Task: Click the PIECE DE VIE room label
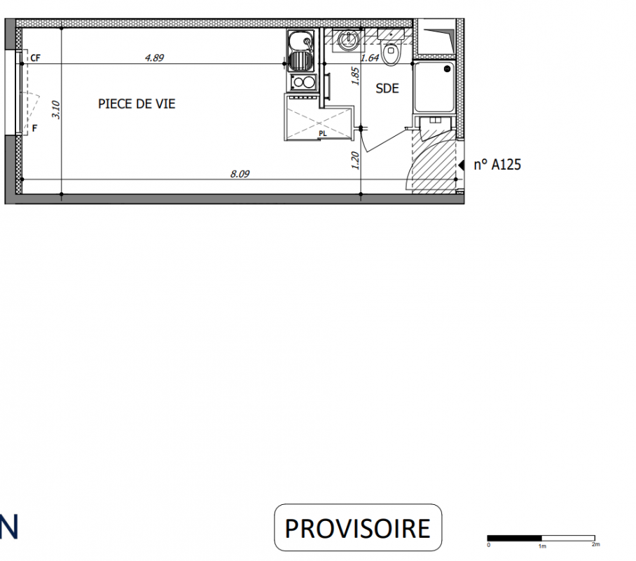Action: click(x=137, y=104)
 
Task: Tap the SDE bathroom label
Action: click(x=387, y=88)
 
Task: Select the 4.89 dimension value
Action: click(x=155, y=58)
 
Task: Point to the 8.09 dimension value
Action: click(x=240, y=174)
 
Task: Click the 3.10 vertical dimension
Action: click(x=56, y=109)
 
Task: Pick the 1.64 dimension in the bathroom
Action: click(x=370, y=58)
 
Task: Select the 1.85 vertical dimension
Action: click(x=355, y=76)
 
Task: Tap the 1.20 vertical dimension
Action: click(x=355, y=161)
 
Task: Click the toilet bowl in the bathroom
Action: click(x=391, y=52)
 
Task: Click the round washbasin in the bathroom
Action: click(x=348, y=40)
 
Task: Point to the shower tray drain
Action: click(x=447, y=69)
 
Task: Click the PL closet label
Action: click(x=323, y=134)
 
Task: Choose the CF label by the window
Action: click(x=35, y=58)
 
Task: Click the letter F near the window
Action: click(x=34, y=128)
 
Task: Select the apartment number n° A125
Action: click(x=497, y=165)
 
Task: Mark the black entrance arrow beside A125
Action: click(x=461, y=165)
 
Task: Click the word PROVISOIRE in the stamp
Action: click(x=357, y=528)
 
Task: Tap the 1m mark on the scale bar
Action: click(x=542, y=546)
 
